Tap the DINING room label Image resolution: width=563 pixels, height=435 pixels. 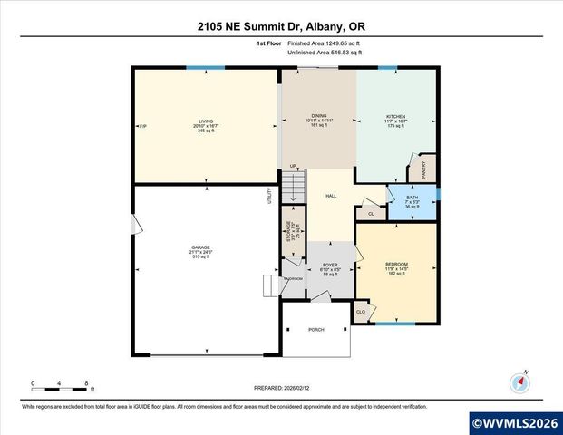[319, 117]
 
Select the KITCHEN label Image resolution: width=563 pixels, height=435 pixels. [396, 117]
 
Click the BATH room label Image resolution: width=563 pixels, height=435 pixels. [413, 198]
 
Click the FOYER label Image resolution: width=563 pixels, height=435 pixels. [330, 266]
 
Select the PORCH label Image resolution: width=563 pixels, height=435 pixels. [316, 330]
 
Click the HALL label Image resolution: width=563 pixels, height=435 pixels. [332, 196]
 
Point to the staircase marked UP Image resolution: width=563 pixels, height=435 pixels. [292, 187]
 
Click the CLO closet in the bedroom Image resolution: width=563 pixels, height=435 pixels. [361, 311]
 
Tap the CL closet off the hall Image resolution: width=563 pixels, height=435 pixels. [371, 214]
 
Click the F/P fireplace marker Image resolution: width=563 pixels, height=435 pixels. [142, 125]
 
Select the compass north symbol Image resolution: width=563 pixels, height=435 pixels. [519, 382]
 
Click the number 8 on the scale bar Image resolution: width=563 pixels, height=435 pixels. [86, 382]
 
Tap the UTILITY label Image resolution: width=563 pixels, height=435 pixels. [270, 196]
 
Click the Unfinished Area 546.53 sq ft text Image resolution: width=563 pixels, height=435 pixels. [325, 53]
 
